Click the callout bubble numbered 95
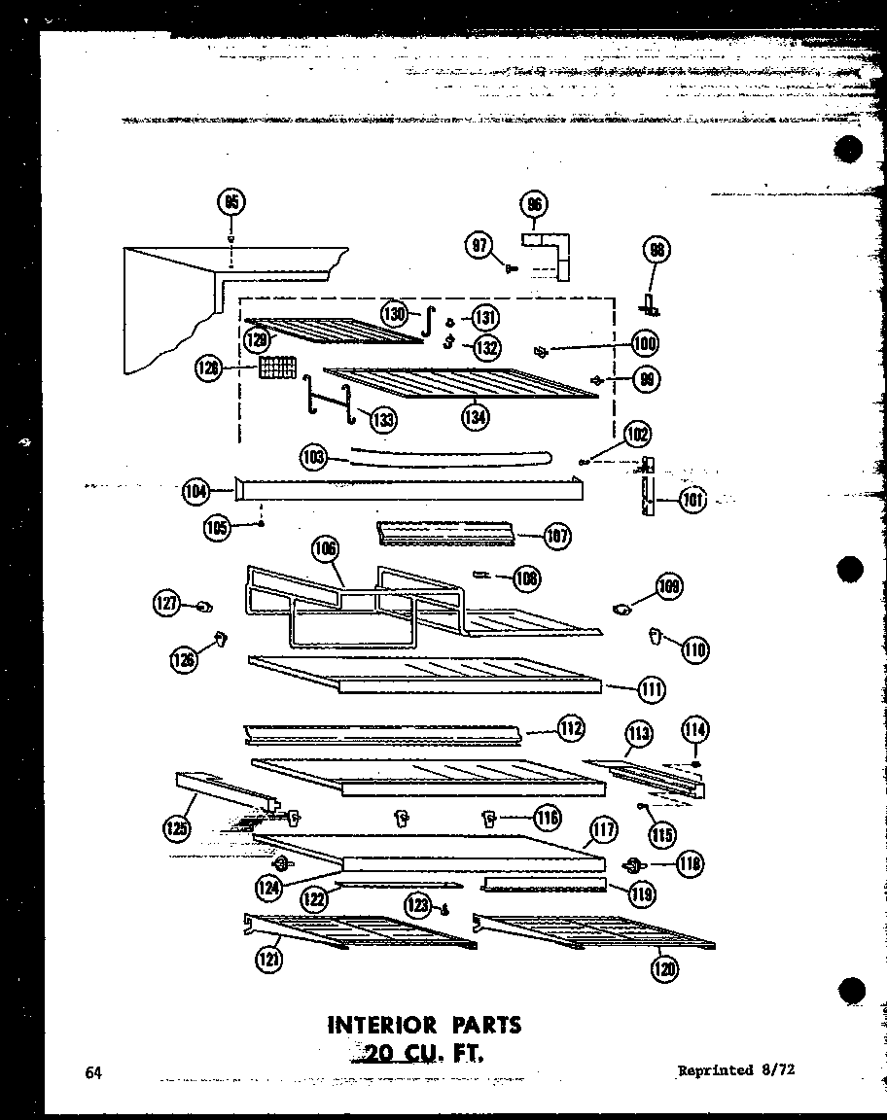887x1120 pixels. (x=231, y=202)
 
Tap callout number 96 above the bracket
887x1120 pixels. (x=533, y=204)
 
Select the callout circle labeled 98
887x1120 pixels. (x=656, y=251)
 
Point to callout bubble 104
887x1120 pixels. (x=195, y=492)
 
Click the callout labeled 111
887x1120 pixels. (x=652, y=689)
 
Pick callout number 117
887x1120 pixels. (x=603, y=830)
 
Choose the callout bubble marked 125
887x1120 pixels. (x=178, y=827)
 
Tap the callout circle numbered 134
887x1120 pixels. (x=476, y=416)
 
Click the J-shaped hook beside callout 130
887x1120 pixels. (x=425, y=322)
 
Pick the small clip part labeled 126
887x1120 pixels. (x=221, y=638)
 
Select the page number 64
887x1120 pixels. (x=94, y=1072)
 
